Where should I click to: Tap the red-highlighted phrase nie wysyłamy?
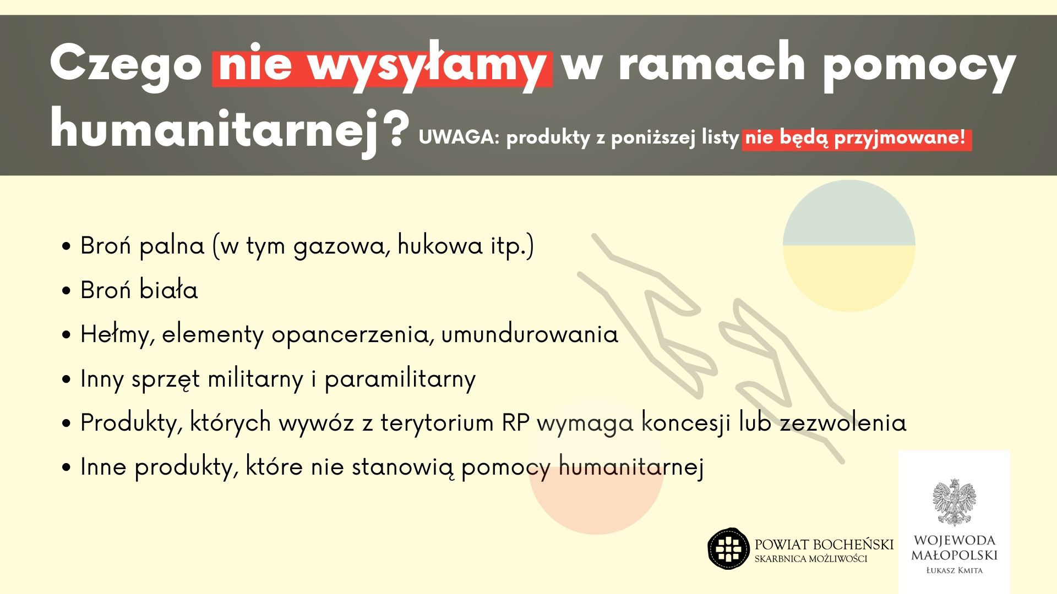coord(383,67)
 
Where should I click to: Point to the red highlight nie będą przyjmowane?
coord(857,138)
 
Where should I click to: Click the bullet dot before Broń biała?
coord(67,291)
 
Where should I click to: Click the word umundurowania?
coord(530,334)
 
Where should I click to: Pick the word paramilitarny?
coord(400,379)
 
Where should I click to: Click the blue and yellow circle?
coord(849,245)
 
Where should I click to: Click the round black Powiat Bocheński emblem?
coord(729,548)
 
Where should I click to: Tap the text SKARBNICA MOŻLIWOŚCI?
coord(811,559)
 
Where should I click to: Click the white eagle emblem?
coord(954,502)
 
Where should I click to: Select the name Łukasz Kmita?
coord(955,570)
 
